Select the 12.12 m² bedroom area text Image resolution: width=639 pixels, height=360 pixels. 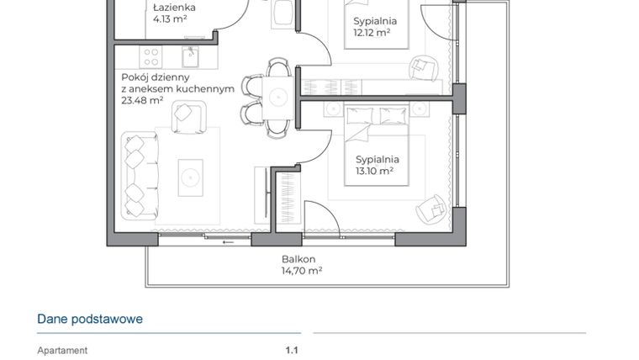click(371, 33)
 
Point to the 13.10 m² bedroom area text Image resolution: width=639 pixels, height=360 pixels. click(375, 171)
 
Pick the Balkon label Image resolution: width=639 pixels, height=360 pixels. click(298, 259)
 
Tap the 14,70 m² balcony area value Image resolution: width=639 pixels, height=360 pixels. click(302, 271)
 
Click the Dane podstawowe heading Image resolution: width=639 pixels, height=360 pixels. click(89, 319)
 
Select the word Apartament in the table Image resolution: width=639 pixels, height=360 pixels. click(62, 351)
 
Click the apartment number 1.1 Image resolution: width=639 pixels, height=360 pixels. click(292, 351)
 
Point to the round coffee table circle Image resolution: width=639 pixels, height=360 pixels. click(188, 176)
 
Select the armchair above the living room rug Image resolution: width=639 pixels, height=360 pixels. click(188, 116)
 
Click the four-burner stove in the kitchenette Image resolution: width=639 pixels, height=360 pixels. click(151, 57)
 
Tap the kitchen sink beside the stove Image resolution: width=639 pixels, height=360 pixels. click(192, 57)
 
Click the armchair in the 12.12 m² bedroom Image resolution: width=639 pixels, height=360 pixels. click(422, 65)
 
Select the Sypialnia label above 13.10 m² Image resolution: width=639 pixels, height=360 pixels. click(377, 159)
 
